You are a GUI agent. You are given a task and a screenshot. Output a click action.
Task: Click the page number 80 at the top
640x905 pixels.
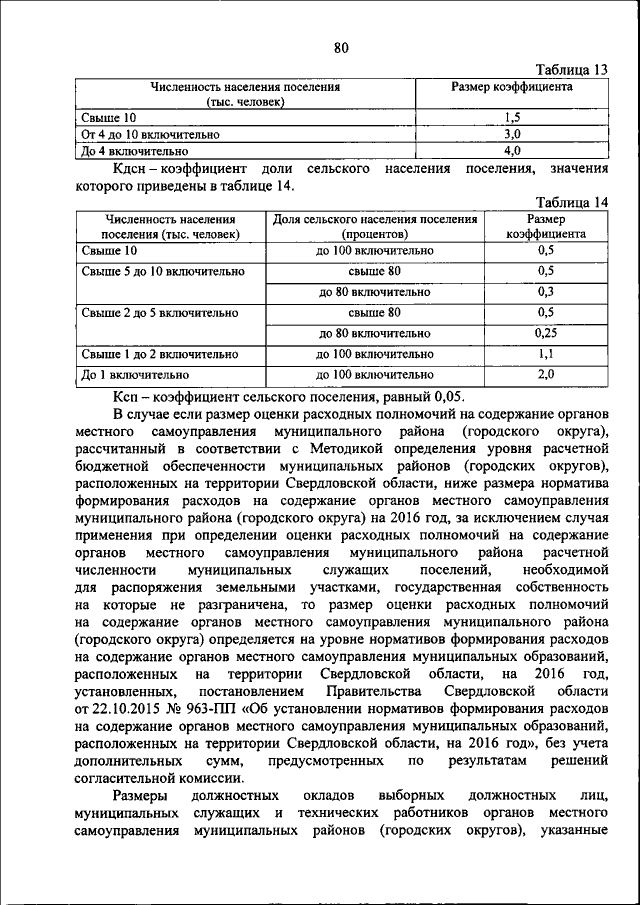tap(341, 46)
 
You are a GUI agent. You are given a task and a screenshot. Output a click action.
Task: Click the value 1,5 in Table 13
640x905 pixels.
tap(512, 116)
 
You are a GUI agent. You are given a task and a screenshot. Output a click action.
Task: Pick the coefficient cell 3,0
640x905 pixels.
tap(512, 133)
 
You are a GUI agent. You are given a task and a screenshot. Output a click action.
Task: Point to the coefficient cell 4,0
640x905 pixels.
tap(512, 150)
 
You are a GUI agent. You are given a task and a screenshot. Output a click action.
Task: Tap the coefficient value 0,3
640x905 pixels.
tap(545, 292)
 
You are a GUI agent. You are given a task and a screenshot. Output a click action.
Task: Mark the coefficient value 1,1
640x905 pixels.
tap(545, 354)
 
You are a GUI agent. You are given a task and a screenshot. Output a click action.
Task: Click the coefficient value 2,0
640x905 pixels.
tap(545, 375)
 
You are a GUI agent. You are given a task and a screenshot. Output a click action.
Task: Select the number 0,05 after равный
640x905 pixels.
tap(442, 397)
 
